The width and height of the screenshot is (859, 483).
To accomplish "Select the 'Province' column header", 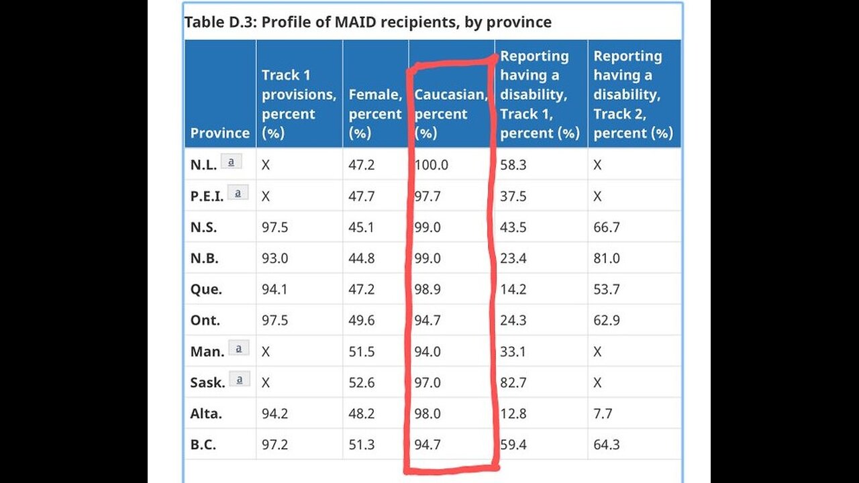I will (219, 132).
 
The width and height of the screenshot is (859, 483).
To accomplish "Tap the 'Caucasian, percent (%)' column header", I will (450, 113).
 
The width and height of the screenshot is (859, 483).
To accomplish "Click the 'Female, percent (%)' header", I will (374, 113).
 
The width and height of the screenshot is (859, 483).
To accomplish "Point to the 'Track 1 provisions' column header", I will (299, 103).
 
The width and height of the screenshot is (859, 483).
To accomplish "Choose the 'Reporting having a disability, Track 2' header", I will (633, 95).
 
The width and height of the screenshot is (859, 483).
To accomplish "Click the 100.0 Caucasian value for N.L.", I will (431, 164).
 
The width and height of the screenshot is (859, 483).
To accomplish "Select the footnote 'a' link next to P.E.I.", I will (238, 193).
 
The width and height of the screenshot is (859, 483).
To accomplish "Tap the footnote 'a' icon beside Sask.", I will (239, 379).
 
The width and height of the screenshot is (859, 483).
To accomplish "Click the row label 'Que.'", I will (206, 289).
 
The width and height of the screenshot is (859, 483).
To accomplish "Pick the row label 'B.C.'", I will (203, 444).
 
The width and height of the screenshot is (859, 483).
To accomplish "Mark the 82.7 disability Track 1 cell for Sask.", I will (513, 382).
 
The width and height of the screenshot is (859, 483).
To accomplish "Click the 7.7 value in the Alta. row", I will (603, 413).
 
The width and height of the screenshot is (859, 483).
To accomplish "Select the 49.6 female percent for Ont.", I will (362, 320).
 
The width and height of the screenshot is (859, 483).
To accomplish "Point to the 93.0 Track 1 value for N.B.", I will (274, 258).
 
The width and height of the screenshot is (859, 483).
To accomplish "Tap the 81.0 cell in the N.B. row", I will (607, 258).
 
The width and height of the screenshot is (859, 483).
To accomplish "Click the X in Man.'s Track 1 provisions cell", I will (266, 352).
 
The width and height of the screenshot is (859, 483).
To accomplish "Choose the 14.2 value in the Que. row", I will (513, 289).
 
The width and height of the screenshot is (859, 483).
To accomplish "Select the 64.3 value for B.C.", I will (607, 444).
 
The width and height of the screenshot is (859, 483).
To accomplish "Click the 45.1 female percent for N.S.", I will (362, 227).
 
